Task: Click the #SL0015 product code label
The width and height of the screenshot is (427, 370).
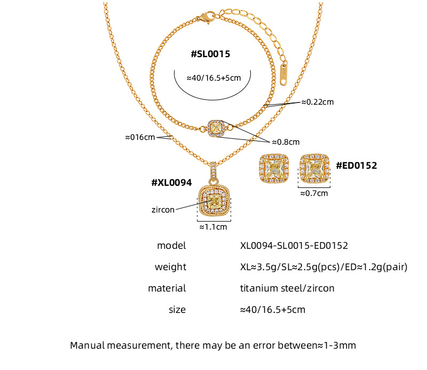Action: point(210,54)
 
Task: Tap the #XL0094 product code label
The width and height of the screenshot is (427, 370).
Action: point(171,183)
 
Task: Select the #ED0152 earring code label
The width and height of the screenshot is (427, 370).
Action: point(356,166)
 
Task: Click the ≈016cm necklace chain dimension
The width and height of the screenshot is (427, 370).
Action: point(140,137)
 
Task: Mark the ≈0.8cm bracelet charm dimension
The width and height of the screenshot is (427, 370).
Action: point(286,142)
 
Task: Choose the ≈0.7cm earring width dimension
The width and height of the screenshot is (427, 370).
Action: point(314,193)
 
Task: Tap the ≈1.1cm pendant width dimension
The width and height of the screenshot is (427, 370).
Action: point(213,227)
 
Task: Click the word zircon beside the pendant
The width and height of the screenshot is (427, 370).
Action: point(163,210)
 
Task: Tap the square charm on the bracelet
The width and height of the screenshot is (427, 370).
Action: point(218,126)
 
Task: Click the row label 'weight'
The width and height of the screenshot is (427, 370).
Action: point(170,267)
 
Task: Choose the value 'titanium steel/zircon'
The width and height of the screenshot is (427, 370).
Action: point(287,288)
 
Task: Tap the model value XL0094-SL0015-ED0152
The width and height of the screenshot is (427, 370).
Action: point(294,246)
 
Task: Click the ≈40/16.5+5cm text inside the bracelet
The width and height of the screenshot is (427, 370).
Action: point(213,77)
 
